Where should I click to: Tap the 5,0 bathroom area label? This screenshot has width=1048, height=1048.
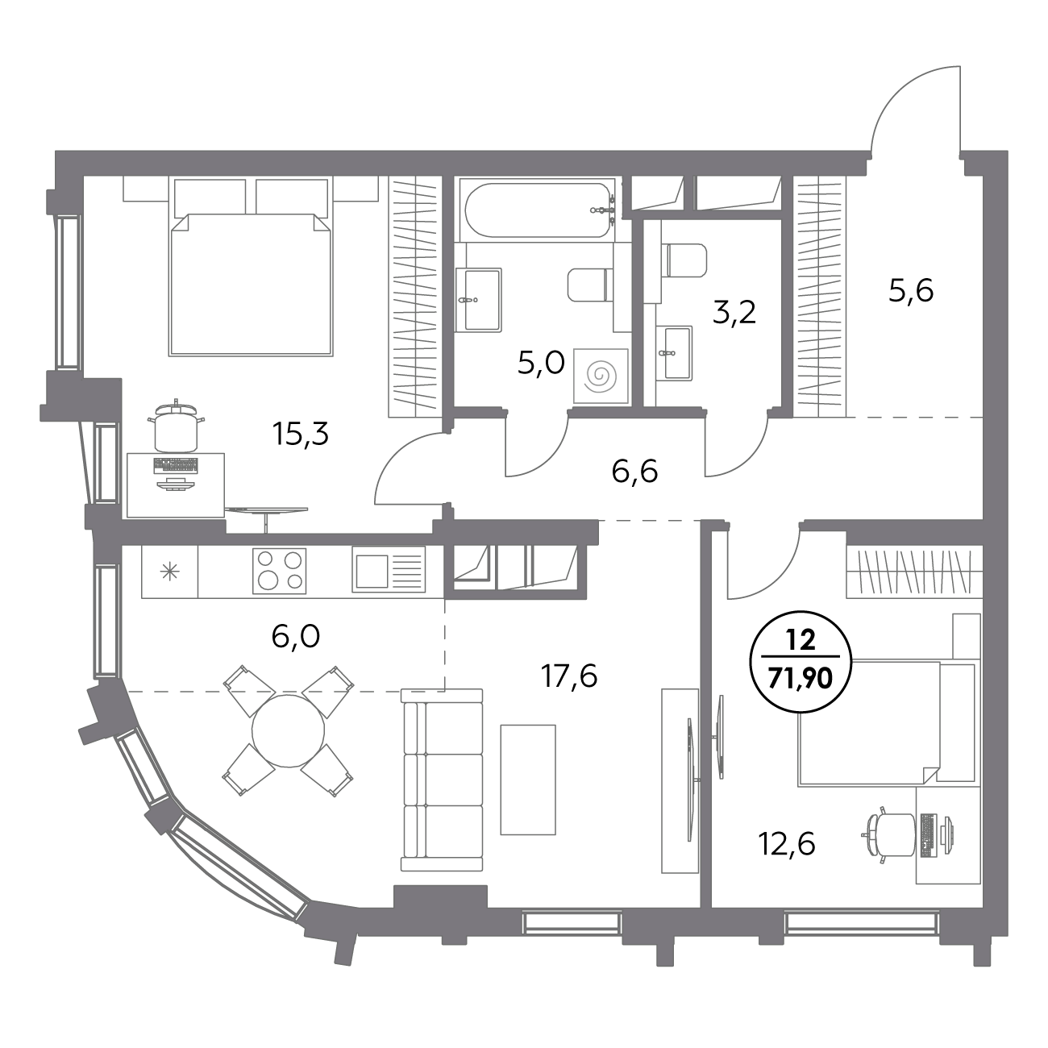pos(541,363)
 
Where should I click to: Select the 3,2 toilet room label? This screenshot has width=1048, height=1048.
pos(734,313)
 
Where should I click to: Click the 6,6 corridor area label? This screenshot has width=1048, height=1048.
pos(634,471)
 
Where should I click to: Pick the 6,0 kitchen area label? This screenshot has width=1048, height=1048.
pos(295,636)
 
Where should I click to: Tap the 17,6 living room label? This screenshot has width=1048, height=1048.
pos(569,676)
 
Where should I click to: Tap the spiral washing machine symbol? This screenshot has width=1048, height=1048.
pos(601,376)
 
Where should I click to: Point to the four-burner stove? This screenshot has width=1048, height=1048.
pos(279,571)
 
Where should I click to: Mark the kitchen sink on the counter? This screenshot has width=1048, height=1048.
pos(389,569)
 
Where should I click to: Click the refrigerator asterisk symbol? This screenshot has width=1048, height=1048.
pos(169,571)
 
